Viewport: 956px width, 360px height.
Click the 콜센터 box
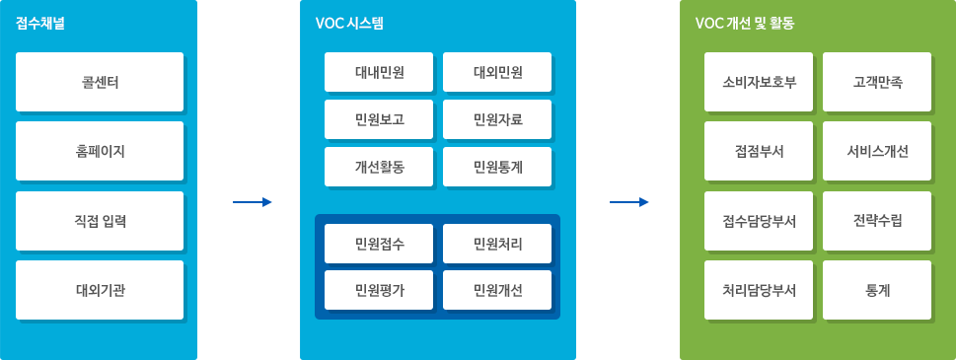[100, 82]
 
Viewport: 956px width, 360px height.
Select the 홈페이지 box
[100, 151]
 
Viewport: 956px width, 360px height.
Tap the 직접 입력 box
[100, 221]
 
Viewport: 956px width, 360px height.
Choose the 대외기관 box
[100, 290]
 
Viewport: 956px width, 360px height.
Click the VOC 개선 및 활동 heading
[745, 22]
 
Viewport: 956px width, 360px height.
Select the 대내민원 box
[379, 71]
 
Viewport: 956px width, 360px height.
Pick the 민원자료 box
[497, 119]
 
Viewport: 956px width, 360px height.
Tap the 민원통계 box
[497, 167]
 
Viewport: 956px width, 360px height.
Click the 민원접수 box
[379, 243]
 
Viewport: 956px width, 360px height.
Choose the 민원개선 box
[497, 290]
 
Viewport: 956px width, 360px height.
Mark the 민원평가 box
[379, 290]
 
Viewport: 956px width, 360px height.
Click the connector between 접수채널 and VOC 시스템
[252, 202]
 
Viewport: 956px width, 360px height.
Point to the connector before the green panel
[628, 202]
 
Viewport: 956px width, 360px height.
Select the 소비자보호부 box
[759, 82]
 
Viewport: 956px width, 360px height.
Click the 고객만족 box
[877, 82]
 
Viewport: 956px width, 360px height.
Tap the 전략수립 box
[877, 221]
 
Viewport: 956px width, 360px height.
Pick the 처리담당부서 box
[759, 290]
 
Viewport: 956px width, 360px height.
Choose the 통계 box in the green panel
[877, 290]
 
